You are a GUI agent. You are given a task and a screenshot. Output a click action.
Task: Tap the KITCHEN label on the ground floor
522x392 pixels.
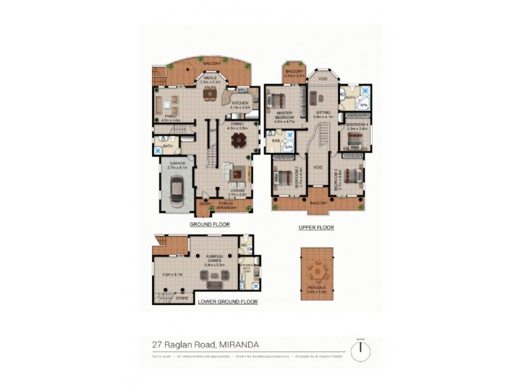click(239, 103)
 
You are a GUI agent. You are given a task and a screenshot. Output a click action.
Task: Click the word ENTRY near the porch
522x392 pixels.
click(204, 203)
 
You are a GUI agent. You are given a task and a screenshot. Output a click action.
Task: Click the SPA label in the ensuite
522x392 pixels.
click(288, 148)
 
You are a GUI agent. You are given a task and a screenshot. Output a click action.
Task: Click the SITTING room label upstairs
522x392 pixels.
click(323, 112)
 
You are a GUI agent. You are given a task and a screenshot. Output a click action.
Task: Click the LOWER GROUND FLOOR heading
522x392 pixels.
click(228, 302)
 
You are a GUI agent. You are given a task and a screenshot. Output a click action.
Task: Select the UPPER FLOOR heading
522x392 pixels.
click(316, 227)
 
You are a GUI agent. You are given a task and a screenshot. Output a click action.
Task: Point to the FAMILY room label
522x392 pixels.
click(171, 116)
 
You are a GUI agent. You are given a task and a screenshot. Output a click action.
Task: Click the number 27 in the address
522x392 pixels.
click(156, 342)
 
